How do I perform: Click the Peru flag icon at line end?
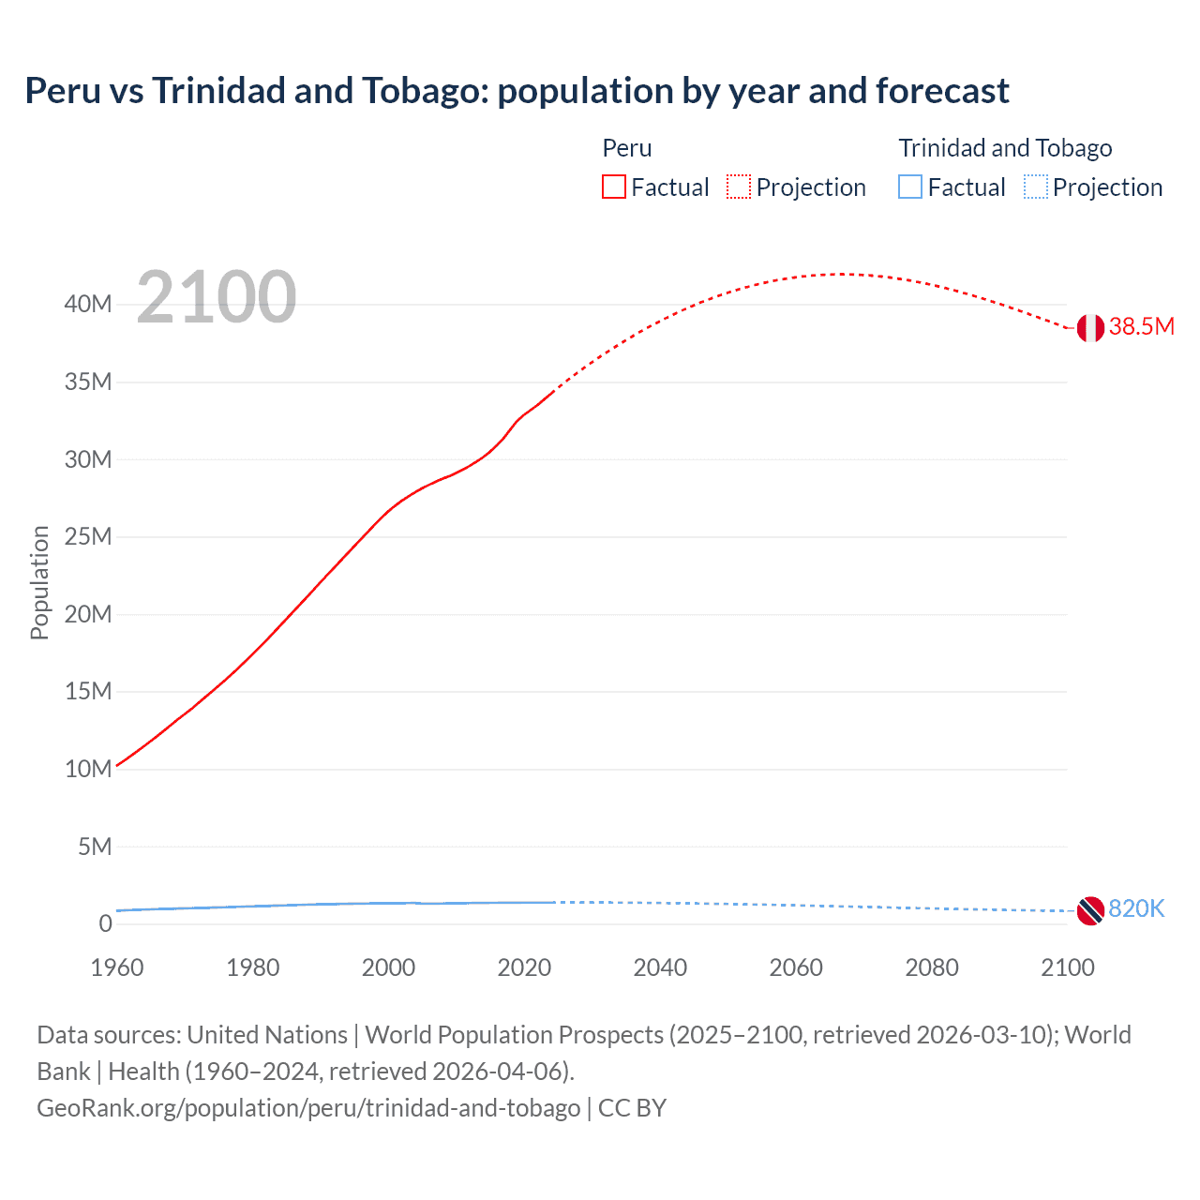(x=1089, y=328)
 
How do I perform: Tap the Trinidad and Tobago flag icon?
(x=1089, y=909)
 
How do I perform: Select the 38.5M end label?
(x=1141, y=326)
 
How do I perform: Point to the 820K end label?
(x=1136, y=908)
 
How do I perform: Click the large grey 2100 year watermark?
(x=217, y=297)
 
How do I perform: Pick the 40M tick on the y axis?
(x=88, y=304)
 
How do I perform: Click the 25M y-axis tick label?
(x=88, y=536)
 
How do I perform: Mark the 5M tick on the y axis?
(x=94, y=847)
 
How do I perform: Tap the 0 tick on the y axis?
(x=105, y=923)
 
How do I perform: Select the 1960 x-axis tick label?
(x=117, y=967)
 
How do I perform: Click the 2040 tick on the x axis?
(x=660, y=967)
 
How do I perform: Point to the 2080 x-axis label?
(x=932, y=967)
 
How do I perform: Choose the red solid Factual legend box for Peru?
(x=614, y=187)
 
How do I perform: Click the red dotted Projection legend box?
(x=739, y=187)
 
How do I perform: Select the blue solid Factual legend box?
(x=910, y=187)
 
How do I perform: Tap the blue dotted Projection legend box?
(x=1036, y=187)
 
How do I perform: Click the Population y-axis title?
(x=39, y=582)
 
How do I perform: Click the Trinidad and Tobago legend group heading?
(x=1005, y=148)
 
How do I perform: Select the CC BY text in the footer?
(x=632, y=1107)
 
